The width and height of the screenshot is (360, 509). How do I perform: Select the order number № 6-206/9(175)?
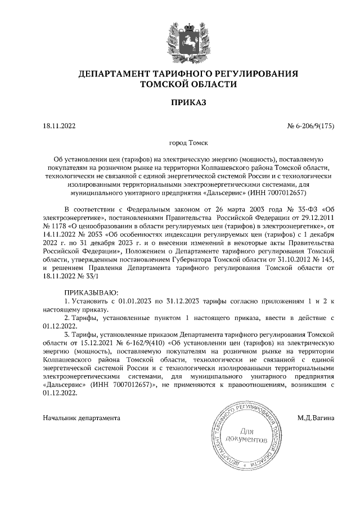coord(310,127)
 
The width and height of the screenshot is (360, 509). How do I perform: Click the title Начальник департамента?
coord(82,418)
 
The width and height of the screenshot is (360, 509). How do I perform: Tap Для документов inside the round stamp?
coord(245,434)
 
